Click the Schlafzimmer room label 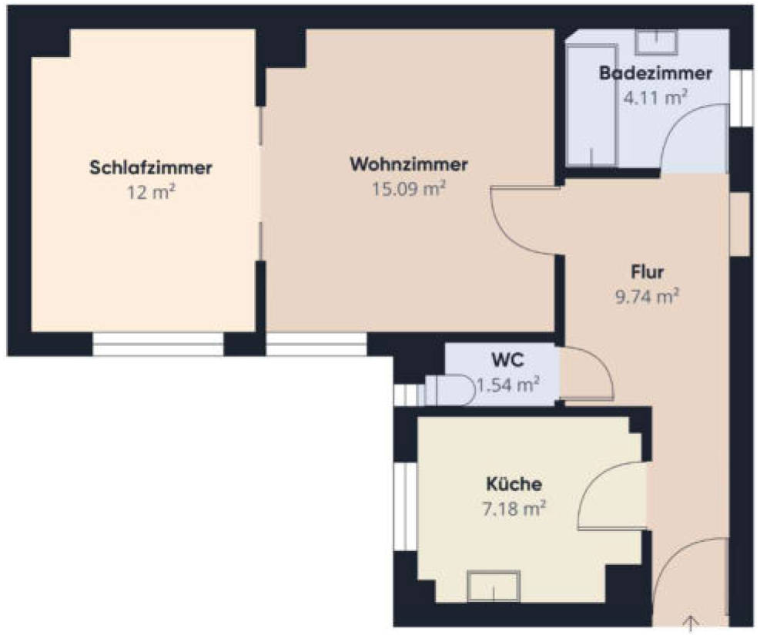tap(151, 168)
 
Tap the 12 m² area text tap(151, 193)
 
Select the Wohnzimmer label tap(409, 164)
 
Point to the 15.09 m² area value tap(409, 189)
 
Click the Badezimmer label tap(655, 73)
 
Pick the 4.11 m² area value tap(655, 98)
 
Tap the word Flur tap(647, 271)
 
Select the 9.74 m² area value tap(647, 296)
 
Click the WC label tap(507, 361)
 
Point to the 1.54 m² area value tap(508, 385)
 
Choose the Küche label tap(514, 484)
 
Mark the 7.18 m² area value tap(514, 509)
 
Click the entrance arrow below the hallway tap(690, 624)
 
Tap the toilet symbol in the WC tap(450, 390)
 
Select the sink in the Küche tap(494, 586)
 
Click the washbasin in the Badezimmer tap(656, 42)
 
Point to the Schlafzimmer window tap(158, 344)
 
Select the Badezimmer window tap(741, 99)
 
